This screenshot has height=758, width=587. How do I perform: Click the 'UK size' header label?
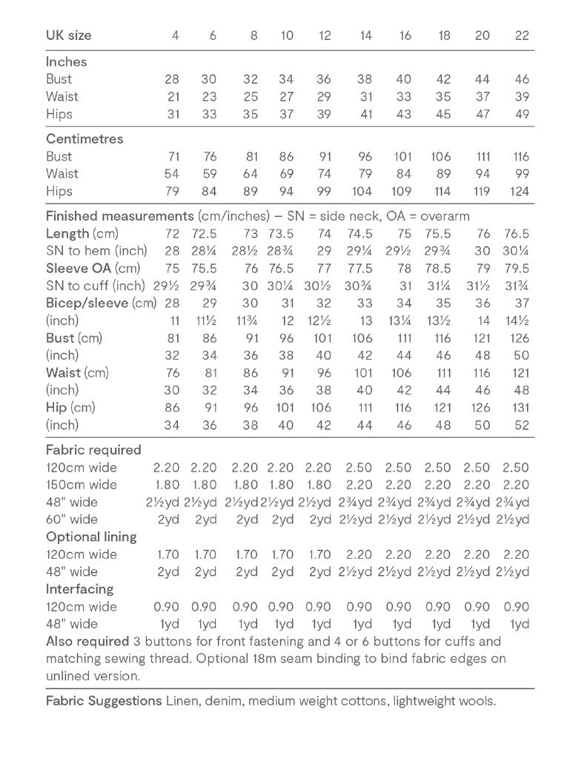pos(68,35)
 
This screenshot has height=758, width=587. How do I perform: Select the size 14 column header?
pos(365,35)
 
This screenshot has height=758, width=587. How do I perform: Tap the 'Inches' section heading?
pos(66,61)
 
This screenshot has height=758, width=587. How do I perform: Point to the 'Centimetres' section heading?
pos(84,138)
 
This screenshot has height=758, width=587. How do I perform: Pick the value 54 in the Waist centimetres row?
pos(171,173)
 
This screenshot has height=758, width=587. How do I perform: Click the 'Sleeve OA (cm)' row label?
pos(93,269)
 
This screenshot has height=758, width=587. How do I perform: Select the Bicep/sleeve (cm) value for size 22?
pos(522,303)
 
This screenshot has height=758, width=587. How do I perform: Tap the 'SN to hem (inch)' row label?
pos(96,251)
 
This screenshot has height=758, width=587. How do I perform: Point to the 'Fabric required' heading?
pos(93,449)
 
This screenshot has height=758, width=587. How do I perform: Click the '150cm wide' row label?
pos(82,485)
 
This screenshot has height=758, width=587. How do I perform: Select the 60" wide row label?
pos(72,519)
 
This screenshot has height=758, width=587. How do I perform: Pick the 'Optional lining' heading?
pos(91,537)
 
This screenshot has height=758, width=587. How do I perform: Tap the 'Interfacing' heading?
pos(79,588)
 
